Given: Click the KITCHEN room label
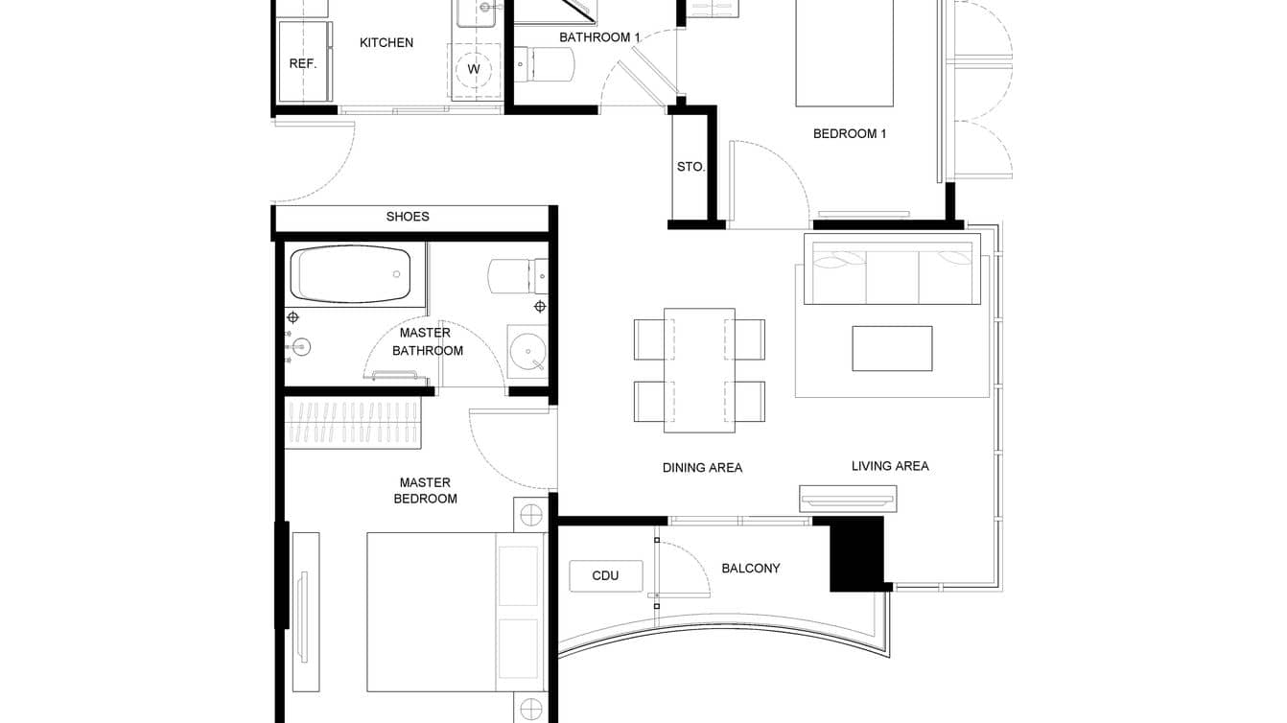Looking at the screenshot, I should [x=386, y=43].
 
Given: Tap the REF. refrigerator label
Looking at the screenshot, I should [x=303, y=64].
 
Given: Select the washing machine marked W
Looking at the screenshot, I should [x=474, y=69].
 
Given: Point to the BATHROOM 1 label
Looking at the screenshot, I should [x=599, y=37].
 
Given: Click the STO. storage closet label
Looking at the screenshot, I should [x=690, y=167].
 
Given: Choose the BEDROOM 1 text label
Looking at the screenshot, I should [x=849, y=134].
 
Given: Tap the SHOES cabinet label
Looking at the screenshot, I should [x=408, y=217].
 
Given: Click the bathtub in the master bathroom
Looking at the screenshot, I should [x=350, y=274].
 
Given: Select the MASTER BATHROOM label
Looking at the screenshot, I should [x=427, y=341].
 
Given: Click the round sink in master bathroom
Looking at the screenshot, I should [x=526, y=352].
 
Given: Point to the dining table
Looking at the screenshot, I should [x=699, y=369].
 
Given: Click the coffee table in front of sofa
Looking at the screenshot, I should [x=892, y=348].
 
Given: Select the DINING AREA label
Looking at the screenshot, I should [x=702, y=468].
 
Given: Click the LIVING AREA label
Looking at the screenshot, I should [x=890, y=466].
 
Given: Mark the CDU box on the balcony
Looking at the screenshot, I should [x=605, y=575].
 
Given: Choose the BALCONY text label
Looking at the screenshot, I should [x=750, y=569].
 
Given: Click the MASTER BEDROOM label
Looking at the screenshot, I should [x=426, y=491].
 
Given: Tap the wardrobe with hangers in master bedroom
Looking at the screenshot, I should [x=353, y=423].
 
